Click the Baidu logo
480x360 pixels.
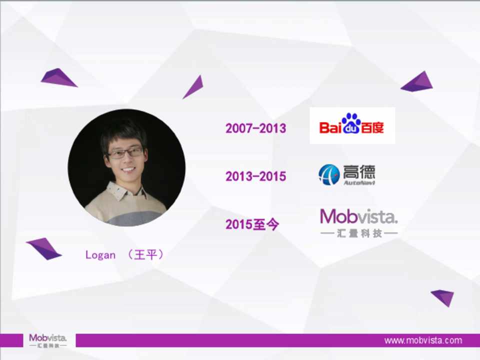coord(352,125)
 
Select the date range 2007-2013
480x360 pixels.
coord(255,128)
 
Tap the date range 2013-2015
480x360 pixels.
coord(255,176)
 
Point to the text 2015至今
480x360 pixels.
coord(252,224)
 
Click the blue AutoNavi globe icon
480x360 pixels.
coord(329,175)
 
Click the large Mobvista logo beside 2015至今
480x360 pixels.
coord(359,223)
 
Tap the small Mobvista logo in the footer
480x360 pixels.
coord(48,340)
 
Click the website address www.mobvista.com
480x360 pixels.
coord(423,340)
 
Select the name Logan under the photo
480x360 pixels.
coord(100,255)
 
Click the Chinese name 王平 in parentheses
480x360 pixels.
coord(145,254)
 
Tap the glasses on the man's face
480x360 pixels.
coord(125,153)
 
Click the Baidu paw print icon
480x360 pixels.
coord(351,123)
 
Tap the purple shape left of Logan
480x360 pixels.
coord(44,248)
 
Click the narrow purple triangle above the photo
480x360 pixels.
coord(194,87)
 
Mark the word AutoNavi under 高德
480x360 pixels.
coord(359,183)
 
